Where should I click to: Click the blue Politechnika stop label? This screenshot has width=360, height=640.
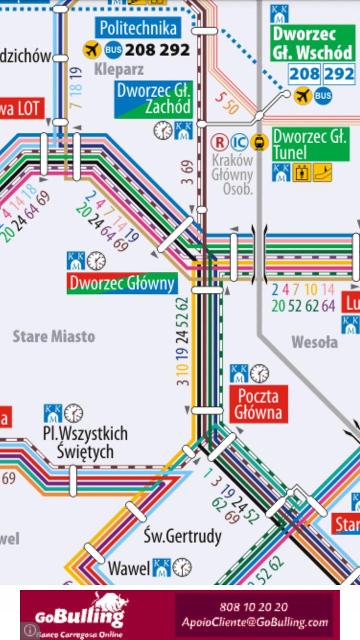(x=138, y=28)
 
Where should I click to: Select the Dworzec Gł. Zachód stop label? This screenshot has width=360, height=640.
(x=153, y=99)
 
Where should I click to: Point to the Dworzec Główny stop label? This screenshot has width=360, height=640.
(x=122, y=283)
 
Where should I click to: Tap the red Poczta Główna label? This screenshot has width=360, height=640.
(x=258, y=404)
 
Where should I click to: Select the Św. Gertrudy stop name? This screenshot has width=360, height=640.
(x=182, y=536)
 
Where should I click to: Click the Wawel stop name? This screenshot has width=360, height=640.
(x=129, y=568)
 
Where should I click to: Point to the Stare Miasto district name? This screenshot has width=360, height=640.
(x=53, y=336)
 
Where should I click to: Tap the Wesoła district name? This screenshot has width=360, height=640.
(x=314, y=342)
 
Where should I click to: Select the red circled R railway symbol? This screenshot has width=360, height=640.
(x=219, y=142)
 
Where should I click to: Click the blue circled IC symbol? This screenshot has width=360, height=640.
(x=239, y=142)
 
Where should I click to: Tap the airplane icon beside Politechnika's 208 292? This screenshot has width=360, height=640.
(x=91, y=49)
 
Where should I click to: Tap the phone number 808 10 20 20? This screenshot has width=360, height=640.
(x=253, y=607)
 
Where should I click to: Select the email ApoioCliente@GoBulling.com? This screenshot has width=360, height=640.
(x=254, y=622)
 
